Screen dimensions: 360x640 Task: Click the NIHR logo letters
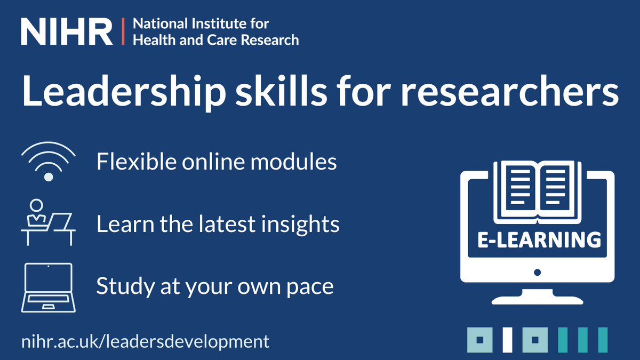coord(67,33)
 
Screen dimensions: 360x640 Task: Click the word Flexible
coord(129,161)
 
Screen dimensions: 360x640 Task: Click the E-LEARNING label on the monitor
coord(537,239)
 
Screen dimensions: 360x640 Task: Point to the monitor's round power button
coord(537,272)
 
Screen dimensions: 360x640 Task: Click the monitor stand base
coord(537,299)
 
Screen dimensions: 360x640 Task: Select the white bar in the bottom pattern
coord(507,340)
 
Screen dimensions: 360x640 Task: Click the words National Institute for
coord(201,24)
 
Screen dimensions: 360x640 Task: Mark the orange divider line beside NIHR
coord(124,32)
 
